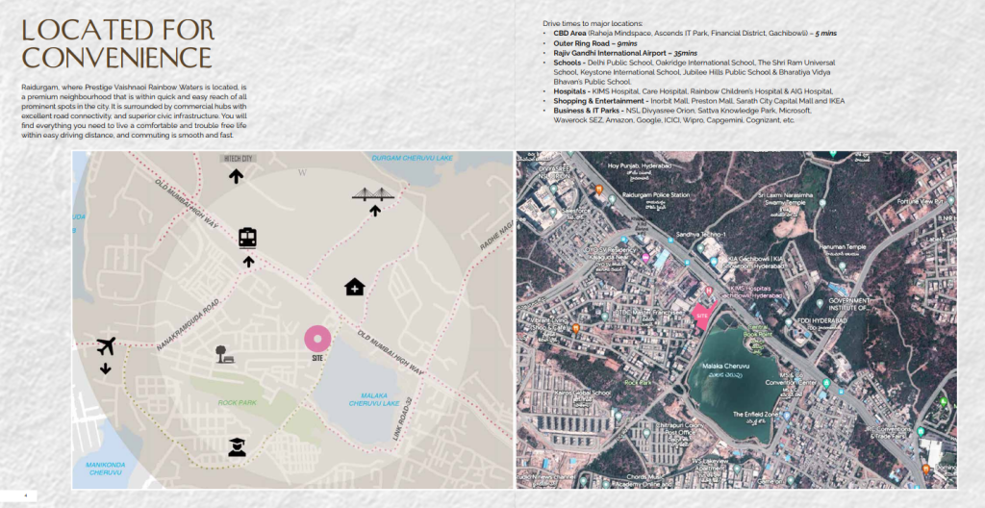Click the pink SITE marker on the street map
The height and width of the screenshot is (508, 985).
(317, 339)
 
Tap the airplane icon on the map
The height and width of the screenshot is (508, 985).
(106, 346)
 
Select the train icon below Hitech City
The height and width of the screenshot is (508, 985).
(247, 238)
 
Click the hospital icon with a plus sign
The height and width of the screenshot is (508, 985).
(355, 287)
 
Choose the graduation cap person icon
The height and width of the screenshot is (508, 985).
(237, 446)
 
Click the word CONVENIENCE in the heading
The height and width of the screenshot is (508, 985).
(116, 56)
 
